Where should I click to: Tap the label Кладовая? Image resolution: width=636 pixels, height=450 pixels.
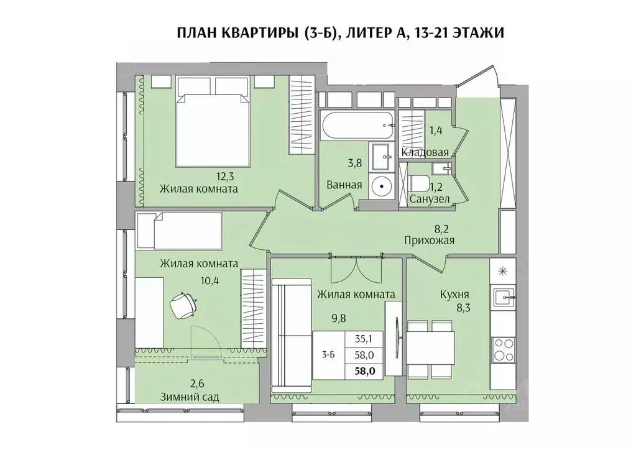point(425,152)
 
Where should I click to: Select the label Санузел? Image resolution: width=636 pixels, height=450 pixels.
point(430,199)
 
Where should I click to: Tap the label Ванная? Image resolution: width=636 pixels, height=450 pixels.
point(344,185)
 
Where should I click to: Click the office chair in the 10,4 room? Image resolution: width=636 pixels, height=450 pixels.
point(184,305)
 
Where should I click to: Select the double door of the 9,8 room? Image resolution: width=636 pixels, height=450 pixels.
point(349,269)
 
